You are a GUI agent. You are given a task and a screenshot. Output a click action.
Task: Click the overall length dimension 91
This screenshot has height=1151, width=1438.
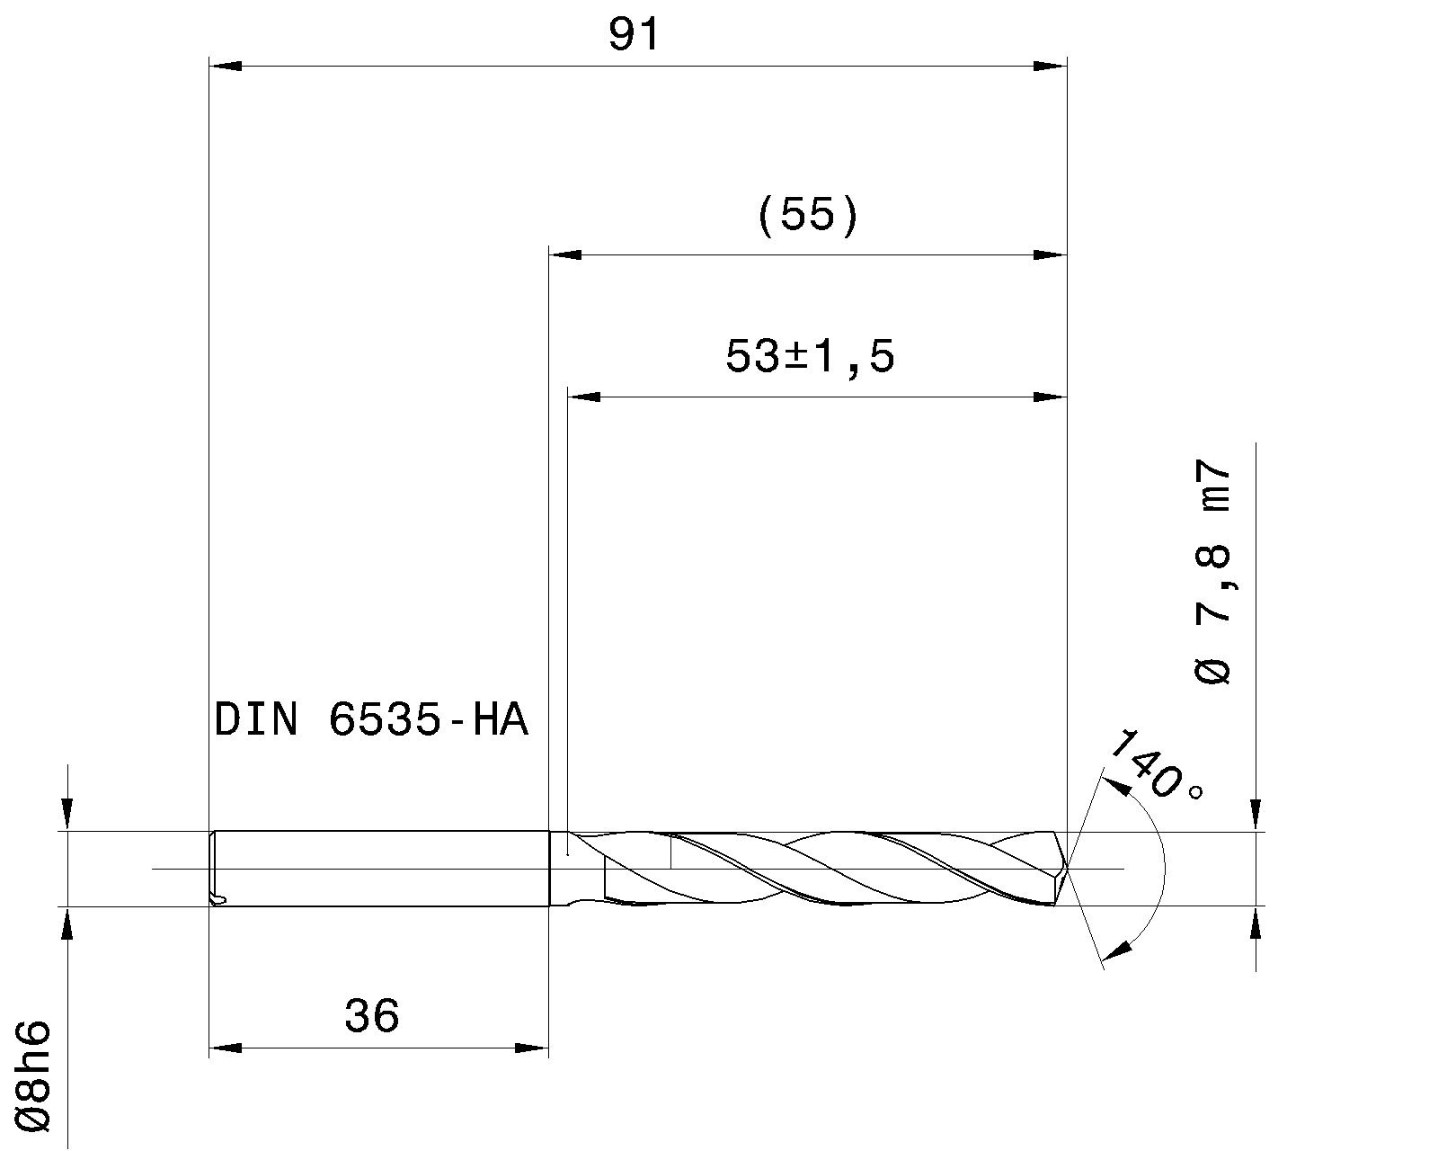click(634, 36)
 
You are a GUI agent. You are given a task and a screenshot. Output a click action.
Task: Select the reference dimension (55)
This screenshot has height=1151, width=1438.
click(808, 217)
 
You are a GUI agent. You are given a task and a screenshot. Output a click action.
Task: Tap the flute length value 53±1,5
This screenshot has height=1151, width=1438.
click(810, 357)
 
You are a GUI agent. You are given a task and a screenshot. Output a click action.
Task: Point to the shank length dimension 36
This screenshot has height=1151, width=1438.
click(371, 1017)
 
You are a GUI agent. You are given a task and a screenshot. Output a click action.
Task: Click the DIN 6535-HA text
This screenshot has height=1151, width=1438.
click(370, 720)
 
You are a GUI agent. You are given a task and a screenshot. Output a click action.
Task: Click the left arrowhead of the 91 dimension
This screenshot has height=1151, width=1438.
click(225, 66)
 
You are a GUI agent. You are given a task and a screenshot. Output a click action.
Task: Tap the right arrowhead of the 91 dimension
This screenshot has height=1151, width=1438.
click(1050, 66)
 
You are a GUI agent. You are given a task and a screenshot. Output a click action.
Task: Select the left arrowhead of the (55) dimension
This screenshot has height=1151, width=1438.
click(565, 254)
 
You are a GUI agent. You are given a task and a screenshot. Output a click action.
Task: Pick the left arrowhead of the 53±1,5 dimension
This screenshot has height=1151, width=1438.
click(584, 397)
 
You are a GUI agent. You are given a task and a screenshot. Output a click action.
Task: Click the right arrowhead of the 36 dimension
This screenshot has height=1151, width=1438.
click(532, 1048)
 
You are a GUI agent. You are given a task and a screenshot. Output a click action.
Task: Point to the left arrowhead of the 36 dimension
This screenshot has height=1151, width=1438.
click(225, 1048)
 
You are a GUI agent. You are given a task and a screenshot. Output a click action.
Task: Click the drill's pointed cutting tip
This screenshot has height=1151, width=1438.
click(1066, 867)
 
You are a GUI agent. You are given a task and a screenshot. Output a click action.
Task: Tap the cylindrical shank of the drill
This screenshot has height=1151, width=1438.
click(377, 869)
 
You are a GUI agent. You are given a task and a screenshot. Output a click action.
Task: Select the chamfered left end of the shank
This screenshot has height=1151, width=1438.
click(213, 869)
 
